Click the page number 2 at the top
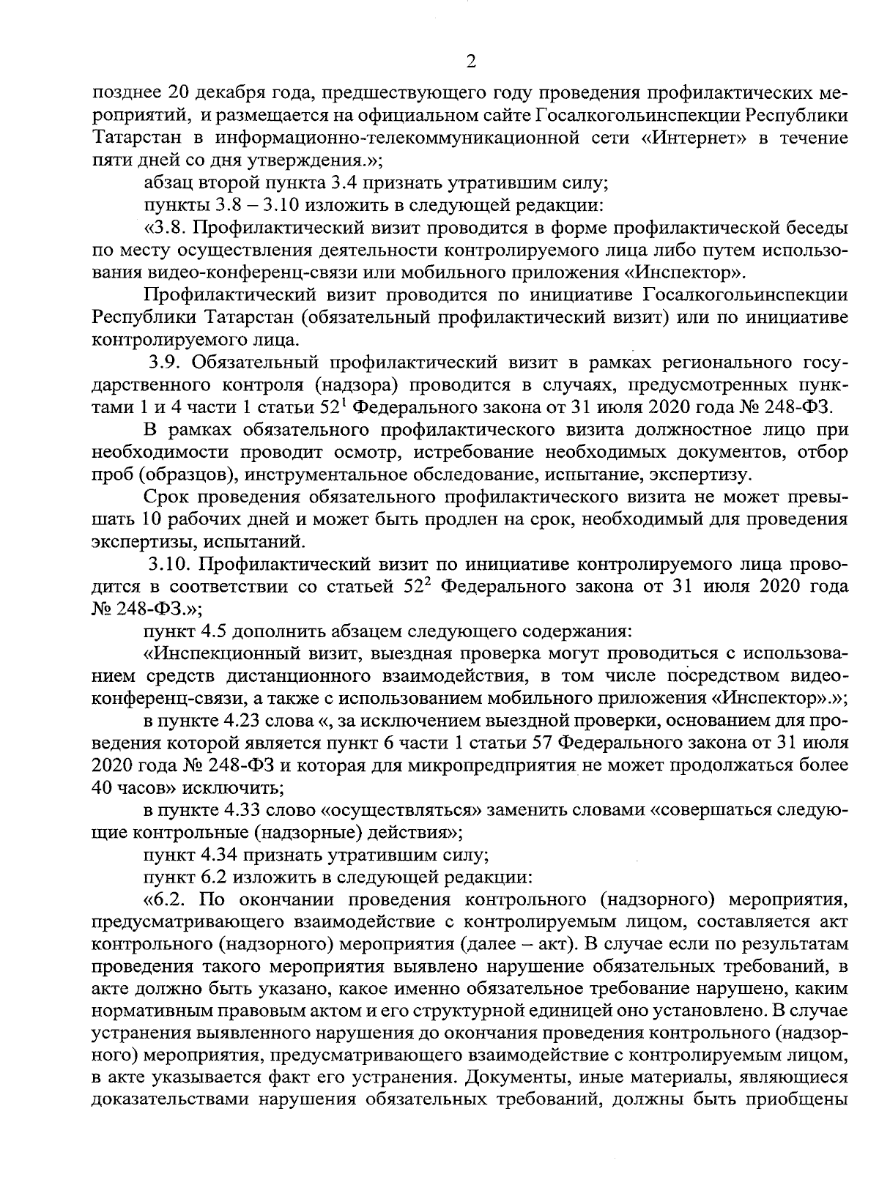(x=471, y=62)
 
